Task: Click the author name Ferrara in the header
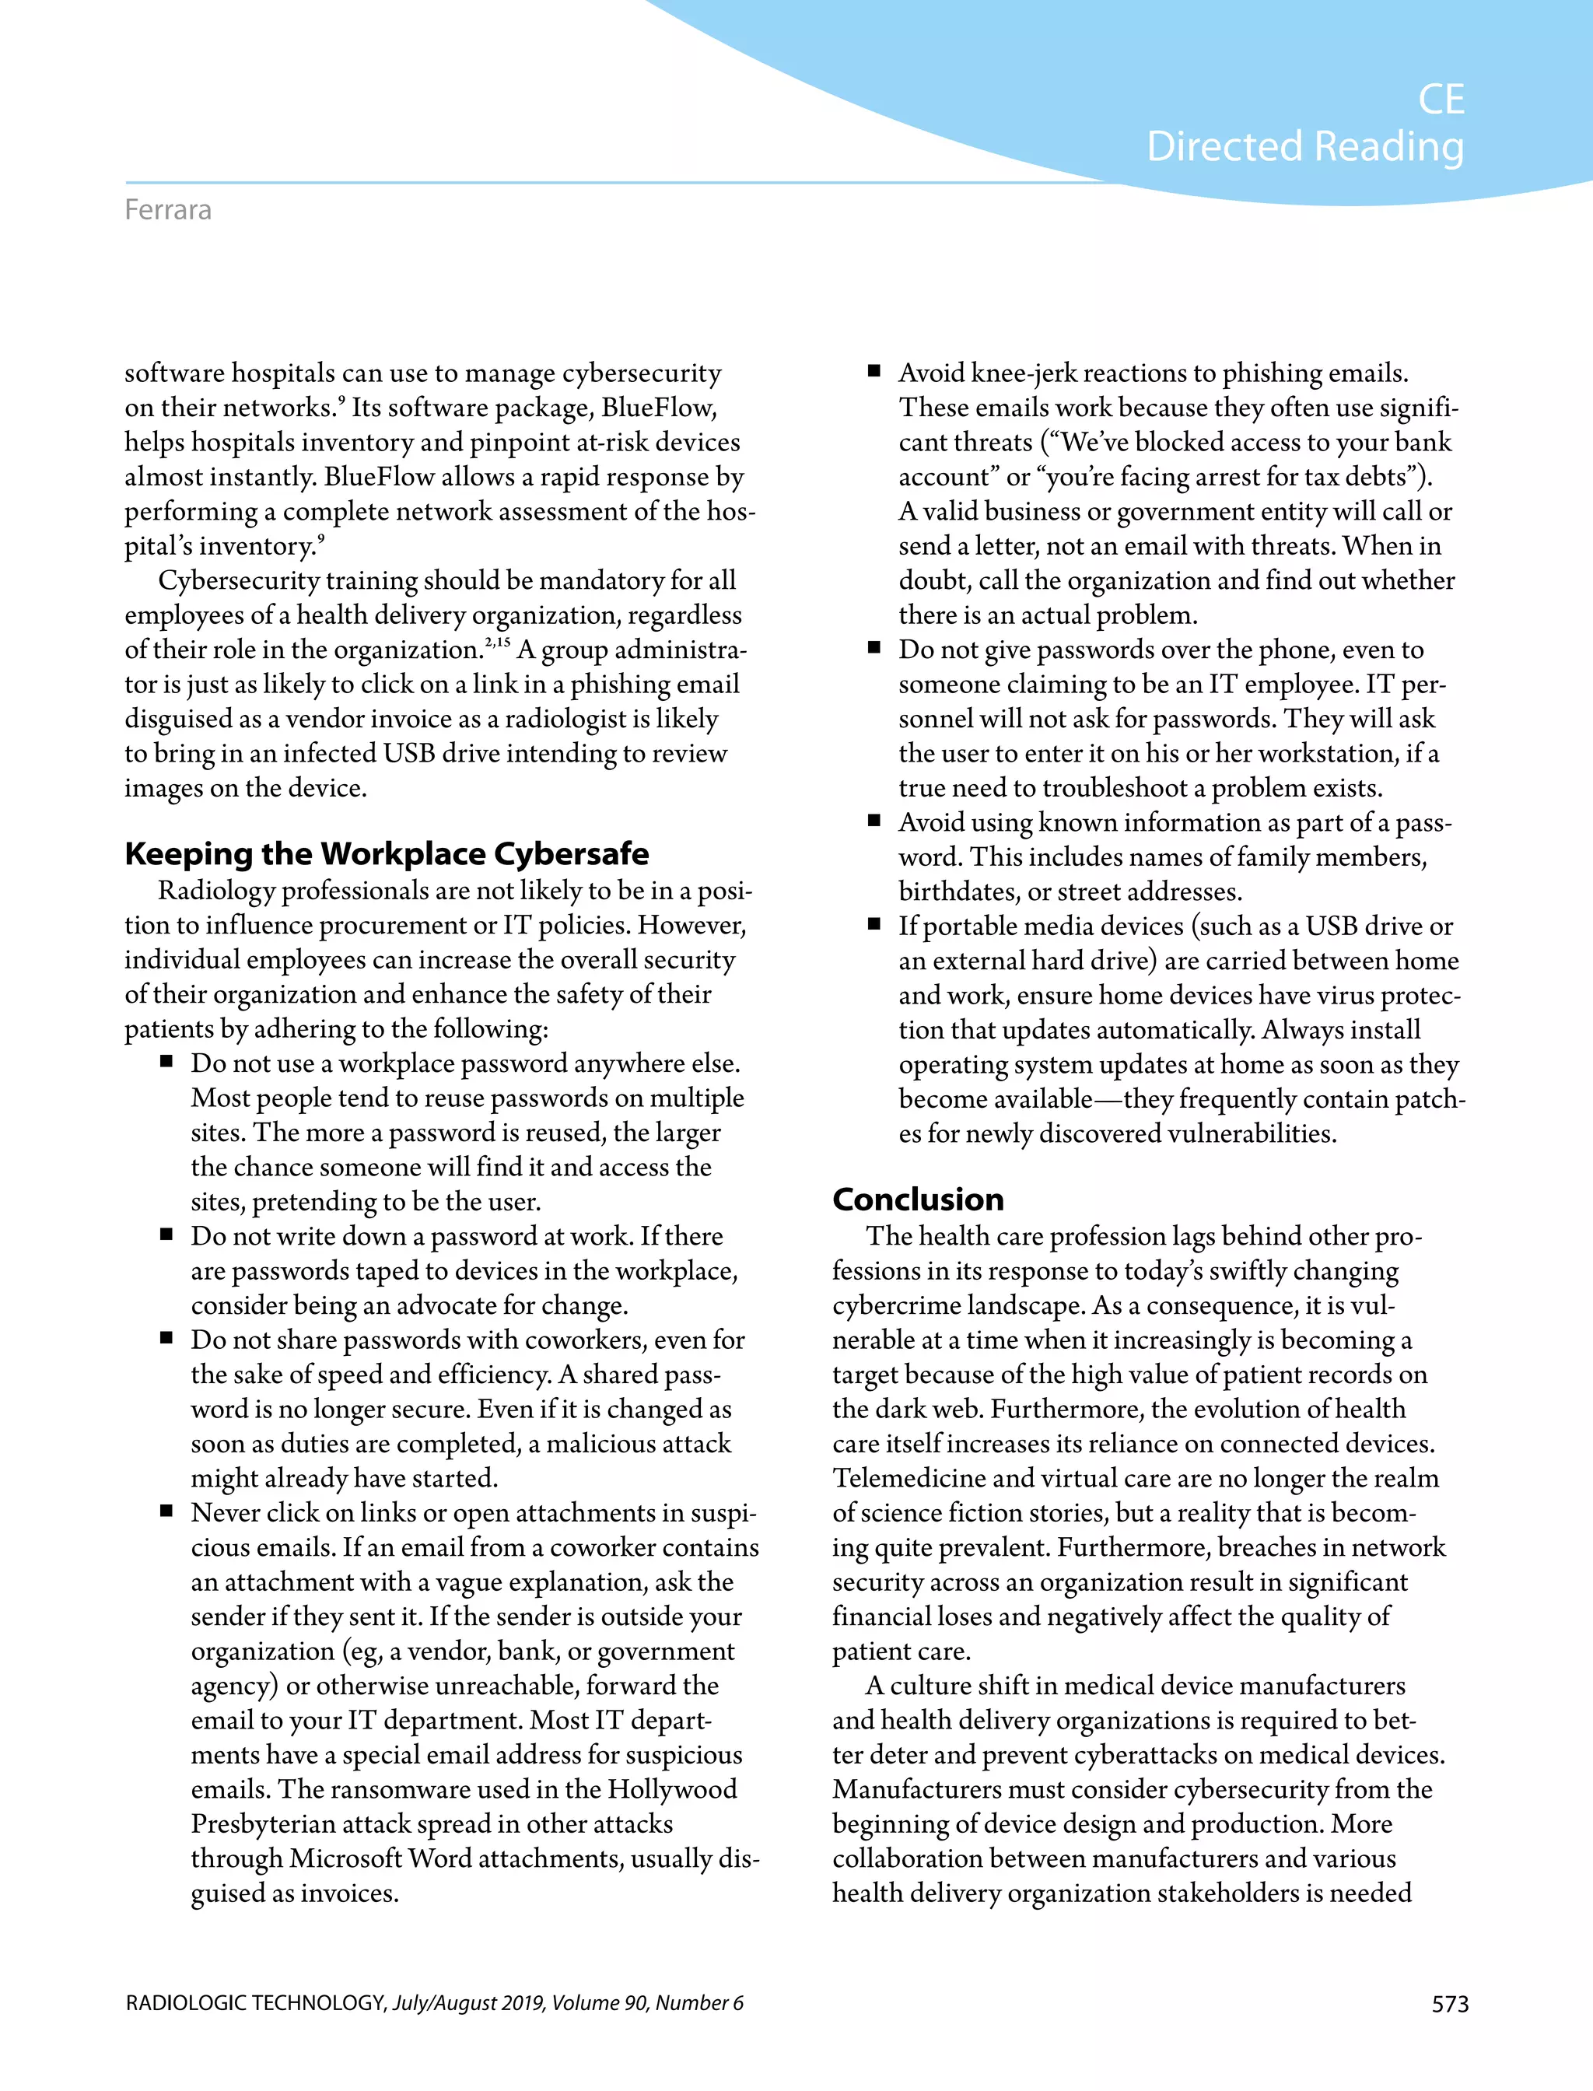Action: point(168,209)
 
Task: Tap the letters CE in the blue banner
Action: point(1441,100)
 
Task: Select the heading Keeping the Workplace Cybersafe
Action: point(387,853)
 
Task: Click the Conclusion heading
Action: point(917,1199)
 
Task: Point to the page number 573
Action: point(1450,2004)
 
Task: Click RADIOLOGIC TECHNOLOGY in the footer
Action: point(254,2003)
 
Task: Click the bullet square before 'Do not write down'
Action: point(167,1235)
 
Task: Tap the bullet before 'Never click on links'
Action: point(167,1511)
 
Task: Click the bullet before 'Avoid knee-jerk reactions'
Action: point(874,371)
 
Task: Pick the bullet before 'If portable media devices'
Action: point(874,925)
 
